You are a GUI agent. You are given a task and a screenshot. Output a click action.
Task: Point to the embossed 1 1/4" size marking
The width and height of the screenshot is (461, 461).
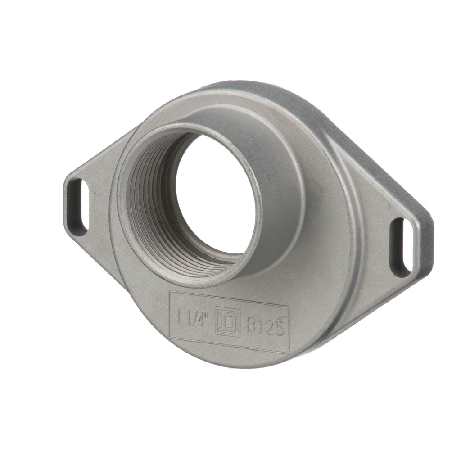point(194,317)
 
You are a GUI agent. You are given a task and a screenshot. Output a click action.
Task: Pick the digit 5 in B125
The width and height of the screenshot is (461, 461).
point(279,328)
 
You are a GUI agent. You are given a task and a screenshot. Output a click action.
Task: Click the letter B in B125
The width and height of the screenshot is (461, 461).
point(251,325)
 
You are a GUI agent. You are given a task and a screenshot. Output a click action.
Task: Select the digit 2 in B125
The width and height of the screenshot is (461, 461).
point(269,327)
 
